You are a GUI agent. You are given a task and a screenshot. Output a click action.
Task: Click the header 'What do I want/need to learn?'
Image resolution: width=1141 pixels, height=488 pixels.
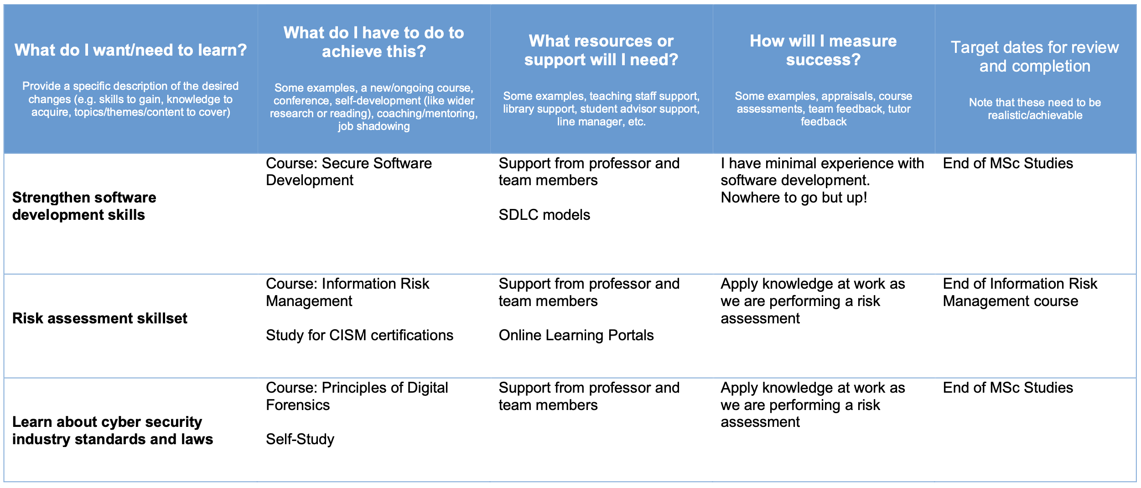130,50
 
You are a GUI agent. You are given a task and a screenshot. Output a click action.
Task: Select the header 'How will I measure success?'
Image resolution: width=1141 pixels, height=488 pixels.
823,50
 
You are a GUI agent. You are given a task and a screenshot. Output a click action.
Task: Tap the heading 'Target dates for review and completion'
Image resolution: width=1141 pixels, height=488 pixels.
1035,57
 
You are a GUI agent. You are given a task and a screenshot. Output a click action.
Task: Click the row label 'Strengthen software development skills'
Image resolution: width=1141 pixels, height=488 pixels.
84,206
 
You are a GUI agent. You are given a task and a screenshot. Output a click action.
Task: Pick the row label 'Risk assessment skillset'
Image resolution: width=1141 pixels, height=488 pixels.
100,318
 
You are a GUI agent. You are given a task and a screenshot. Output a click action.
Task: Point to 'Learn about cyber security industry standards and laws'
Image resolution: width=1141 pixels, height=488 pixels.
113,431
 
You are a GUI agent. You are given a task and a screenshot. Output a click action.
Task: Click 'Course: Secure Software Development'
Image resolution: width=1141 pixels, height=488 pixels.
349,171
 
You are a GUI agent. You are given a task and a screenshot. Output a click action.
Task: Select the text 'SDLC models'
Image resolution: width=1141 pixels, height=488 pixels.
544,215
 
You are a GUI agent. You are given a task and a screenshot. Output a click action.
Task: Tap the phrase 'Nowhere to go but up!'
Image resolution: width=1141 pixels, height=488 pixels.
794,197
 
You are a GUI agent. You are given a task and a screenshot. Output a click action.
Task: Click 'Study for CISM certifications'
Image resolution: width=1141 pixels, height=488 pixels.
359,335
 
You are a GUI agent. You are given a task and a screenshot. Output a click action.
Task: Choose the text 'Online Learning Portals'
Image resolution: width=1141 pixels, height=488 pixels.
576,335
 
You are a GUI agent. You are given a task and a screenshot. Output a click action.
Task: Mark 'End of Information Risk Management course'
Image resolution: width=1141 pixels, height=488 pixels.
1020,292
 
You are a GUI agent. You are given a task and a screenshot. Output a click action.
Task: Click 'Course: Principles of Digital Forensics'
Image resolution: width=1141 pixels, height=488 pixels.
357,396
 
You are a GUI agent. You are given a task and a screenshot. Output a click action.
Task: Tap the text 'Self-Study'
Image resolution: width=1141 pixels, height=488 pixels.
300,439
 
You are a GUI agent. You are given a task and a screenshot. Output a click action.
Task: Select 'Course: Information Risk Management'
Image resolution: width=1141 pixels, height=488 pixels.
347,292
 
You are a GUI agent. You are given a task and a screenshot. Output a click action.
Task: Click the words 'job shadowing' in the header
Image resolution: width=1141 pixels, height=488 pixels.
374,126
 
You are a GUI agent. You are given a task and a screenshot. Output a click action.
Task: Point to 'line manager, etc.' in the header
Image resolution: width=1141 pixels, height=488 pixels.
601,122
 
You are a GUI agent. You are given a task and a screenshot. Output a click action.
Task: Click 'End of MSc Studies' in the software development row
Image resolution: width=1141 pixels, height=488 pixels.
1008,163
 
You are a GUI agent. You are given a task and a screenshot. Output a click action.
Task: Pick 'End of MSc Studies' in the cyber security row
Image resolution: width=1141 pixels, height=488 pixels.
1008,388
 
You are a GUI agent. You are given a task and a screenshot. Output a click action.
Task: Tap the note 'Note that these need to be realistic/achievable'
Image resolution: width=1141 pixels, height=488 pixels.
1035,109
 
